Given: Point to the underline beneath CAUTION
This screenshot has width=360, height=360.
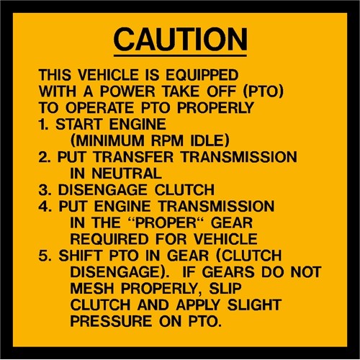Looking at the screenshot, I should tap(180, 55).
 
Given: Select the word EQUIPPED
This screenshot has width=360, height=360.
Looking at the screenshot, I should tap(204, 75).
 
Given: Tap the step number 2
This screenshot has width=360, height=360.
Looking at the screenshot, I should tap(44, 156).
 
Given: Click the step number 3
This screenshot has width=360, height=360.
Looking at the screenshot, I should tap(44, 189).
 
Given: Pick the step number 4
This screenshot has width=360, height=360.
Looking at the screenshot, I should tap(44, 206).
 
